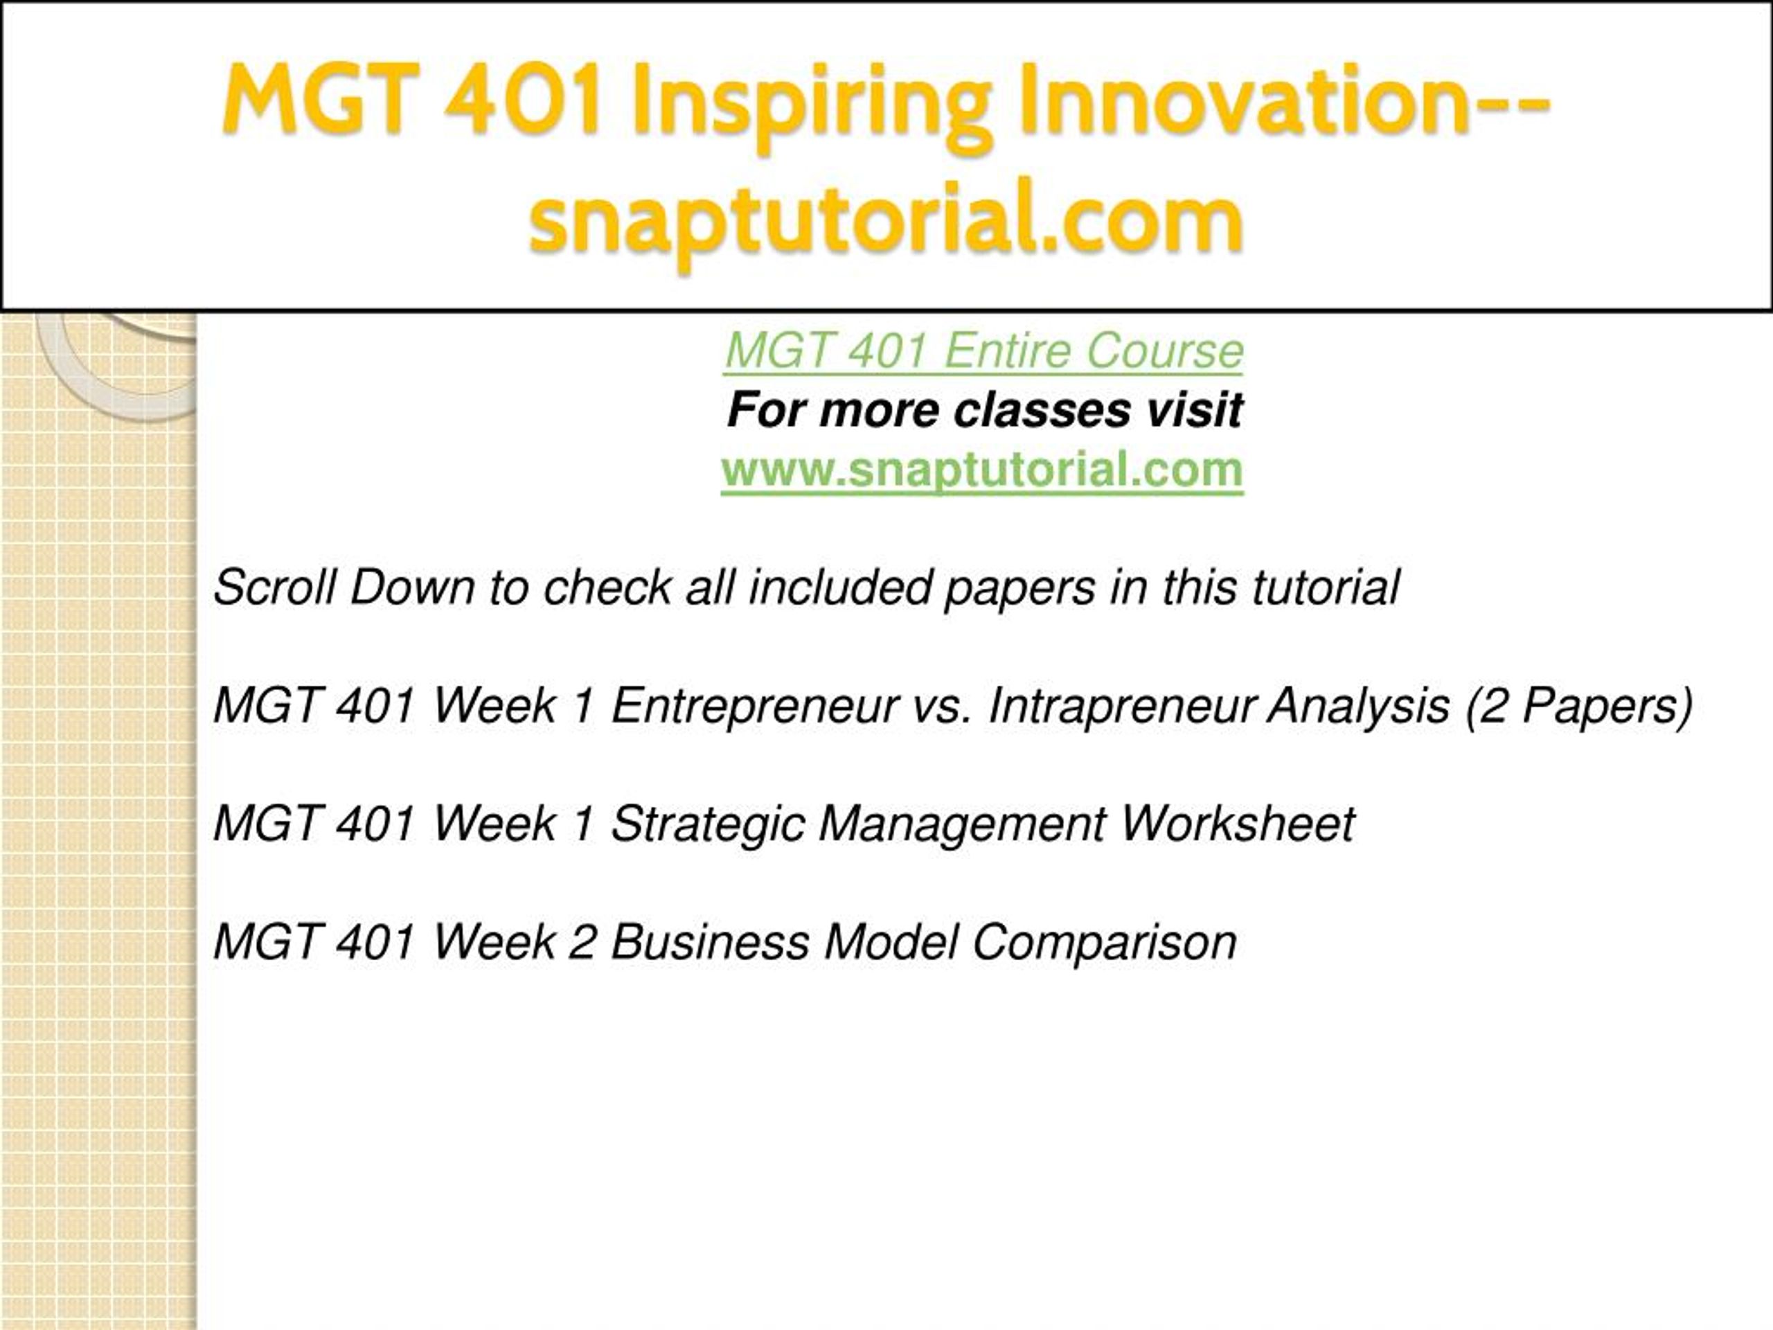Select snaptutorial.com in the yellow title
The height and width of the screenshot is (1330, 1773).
point(886,220)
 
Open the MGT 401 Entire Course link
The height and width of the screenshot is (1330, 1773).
point(984,351)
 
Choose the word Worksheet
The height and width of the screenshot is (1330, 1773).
point(1238,824)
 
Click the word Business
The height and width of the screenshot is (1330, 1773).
point(710,942)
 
